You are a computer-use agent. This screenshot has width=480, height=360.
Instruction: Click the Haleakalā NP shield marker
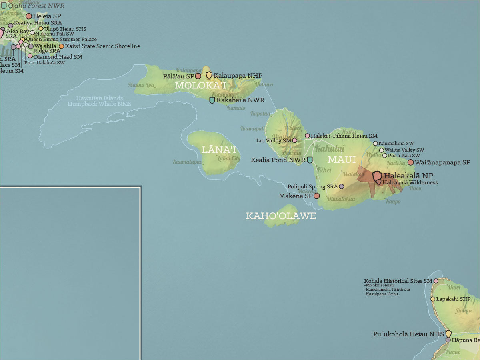[377, 176]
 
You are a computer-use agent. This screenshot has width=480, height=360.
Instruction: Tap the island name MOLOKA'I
[200, 85]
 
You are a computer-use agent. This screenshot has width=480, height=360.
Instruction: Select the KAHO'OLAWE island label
[281, 216]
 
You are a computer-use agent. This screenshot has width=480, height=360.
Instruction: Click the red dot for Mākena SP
[316, 196]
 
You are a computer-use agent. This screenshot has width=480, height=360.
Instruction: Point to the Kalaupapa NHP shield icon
[209, 75]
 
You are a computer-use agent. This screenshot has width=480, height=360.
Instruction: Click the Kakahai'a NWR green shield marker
[212, 100]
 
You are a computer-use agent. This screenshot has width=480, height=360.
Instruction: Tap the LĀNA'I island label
[219, 150]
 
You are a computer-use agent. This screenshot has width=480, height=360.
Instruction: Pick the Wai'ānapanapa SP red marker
[410, 162]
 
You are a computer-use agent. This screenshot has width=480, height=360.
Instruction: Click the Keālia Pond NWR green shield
[310, 160]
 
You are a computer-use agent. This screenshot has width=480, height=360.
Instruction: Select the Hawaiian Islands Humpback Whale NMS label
[99, 101]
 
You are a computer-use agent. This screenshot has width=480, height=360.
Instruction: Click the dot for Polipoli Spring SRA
[341, 186]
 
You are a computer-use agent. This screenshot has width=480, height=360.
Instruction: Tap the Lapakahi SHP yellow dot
[433, 299]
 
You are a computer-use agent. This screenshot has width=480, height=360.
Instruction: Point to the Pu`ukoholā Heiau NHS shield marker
[448, 334]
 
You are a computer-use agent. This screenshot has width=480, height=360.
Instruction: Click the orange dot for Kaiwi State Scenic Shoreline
[61, 46]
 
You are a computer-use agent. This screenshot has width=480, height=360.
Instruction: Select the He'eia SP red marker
[29, 16]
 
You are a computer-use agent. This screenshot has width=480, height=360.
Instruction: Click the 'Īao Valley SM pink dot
[295, 140]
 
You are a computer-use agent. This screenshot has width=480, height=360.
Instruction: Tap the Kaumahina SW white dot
[375, 143]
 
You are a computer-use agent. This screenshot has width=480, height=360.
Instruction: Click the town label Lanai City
[228, 158]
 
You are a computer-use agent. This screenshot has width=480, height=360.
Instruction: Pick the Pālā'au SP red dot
[198, 76]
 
